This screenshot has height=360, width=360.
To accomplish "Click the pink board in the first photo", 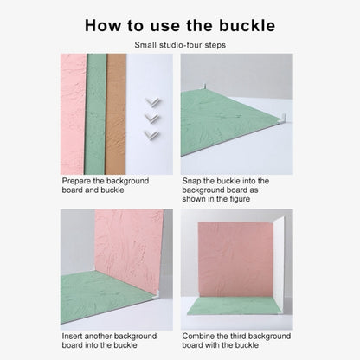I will click(x=73, y=112).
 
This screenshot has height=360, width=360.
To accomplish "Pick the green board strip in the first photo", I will click(x=96, y=112).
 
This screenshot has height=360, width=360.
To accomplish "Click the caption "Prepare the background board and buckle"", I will click(x=105, y=186).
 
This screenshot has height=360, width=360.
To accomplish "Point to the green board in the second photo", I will click(x=221, y=121).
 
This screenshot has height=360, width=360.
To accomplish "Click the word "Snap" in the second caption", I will click(x=192, y=181).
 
